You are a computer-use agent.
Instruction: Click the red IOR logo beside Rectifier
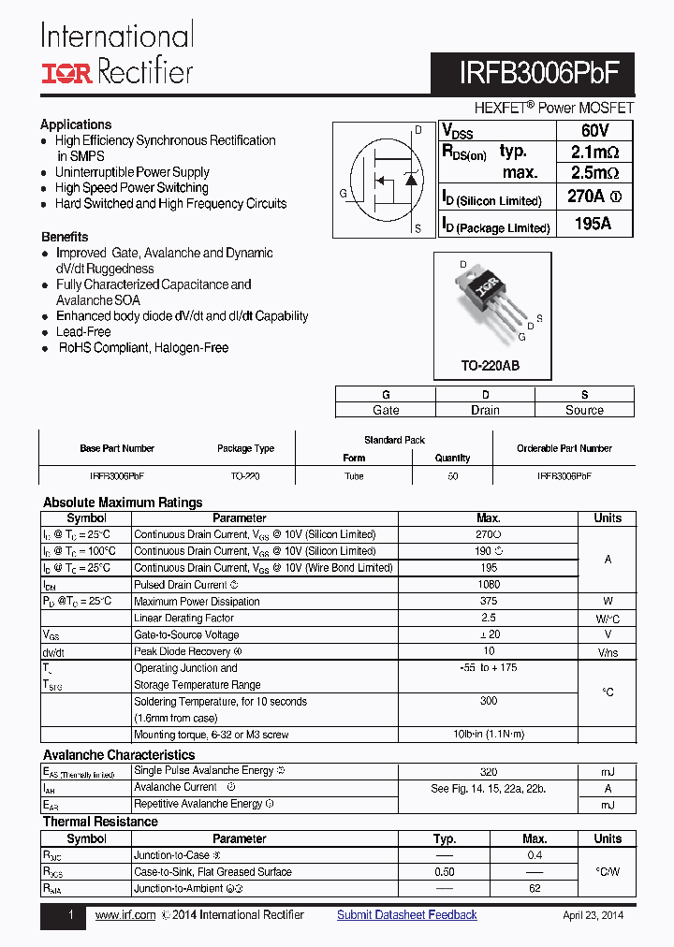point(66,73)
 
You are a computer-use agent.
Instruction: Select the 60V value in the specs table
point(594,131)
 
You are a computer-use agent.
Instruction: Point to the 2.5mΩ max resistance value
point(594,173)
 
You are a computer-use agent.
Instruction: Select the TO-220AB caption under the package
point(491,366)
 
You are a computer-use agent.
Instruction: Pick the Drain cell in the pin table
point(485,410)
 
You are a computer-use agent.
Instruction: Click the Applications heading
point(76,124)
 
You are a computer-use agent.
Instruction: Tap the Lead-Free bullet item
point(83,332)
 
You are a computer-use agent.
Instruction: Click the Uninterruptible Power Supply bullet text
point(132,172)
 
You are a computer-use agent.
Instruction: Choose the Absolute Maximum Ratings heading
point(123,503)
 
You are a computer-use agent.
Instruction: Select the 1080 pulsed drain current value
point(488,585)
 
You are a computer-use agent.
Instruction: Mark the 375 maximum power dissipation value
point(488,602)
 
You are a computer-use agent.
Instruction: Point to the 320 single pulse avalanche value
point(488,772)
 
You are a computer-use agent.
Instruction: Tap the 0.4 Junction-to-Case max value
point(535,855)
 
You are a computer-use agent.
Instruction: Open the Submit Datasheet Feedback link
point(407,915)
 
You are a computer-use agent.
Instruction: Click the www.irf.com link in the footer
point(125,915)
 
